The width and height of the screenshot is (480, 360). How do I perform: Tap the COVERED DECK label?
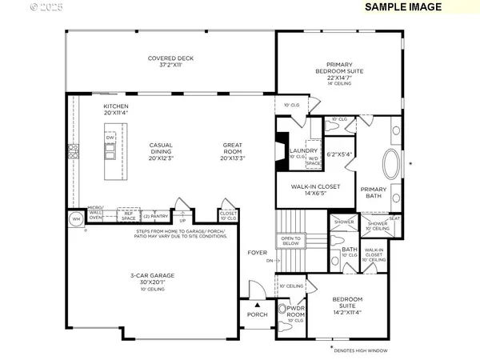[x=170, y=62]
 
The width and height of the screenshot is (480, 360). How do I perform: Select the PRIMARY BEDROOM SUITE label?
[x=338, y=72]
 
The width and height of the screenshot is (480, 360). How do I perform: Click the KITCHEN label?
[x=116, y=110]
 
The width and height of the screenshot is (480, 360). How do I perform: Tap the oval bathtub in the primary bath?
[x=394, y=165]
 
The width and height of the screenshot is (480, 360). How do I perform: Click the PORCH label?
[x=257, y=314]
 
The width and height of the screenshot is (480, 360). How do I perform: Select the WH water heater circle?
[x=77, y=218]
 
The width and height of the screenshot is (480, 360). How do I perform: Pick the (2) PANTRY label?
[x=156, y=216]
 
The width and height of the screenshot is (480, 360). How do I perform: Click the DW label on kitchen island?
[x=110, y=137]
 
